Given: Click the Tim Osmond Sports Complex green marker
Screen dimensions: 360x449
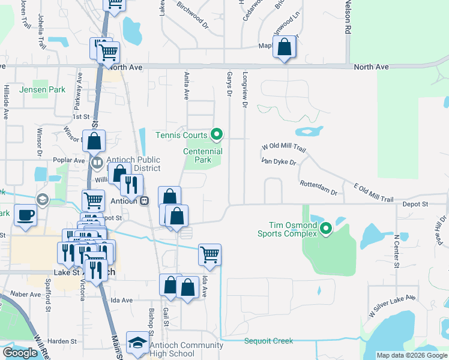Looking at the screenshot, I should [326, 229].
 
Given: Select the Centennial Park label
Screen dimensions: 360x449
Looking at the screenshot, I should [203, 156].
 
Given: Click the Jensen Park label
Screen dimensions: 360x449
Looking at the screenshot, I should [34, 90].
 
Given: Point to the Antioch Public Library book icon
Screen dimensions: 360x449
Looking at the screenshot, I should [97, 163].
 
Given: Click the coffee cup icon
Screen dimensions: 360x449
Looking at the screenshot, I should [25, 215].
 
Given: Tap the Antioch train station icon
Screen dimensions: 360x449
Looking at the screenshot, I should [145, 201].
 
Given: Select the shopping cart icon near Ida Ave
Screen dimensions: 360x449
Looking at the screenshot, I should [209, 254].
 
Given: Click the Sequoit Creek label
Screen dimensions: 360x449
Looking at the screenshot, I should [269, 341].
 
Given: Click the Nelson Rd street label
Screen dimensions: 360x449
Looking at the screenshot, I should [348, 17].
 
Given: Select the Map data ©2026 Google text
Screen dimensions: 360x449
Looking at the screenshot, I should [411, 355].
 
